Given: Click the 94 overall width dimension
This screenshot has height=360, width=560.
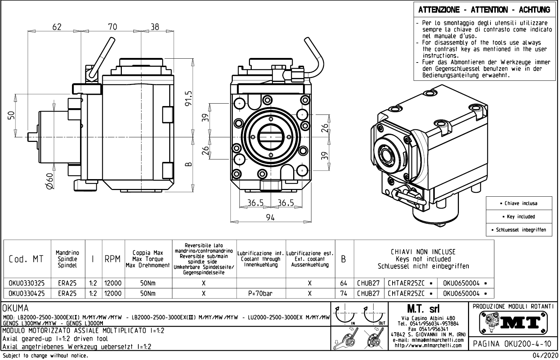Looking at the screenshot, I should point(270,217).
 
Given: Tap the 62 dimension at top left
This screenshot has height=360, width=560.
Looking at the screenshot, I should point(57,27).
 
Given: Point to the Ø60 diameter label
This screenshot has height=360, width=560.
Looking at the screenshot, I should point(49,182).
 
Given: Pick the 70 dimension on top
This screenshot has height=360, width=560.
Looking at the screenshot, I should point(112,27).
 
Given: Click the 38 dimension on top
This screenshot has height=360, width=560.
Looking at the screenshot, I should point(154,27).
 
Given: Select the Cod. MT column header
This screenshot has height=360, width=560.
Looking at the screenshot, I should point(27,259).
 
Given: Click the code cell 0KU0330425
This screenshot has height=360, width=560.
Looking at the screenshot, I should point(27,293).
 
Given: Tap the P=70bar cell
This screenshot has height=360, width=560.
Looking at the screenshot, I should point(261,293).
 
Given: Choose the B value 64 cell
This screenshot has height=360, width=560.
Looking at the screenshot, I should point(344,283).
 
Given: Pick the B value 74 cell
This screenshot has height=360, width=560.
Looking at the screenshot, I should point(344,293).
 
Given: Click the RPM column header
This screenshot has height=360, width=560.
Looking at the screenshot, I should point(113,259).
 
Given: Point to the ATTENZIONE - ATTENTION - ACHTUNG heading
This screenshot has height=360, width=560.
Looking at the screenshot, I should point(484,10).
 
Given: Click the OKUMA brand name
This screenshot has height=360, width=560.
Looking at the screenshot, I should point(16,309).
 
